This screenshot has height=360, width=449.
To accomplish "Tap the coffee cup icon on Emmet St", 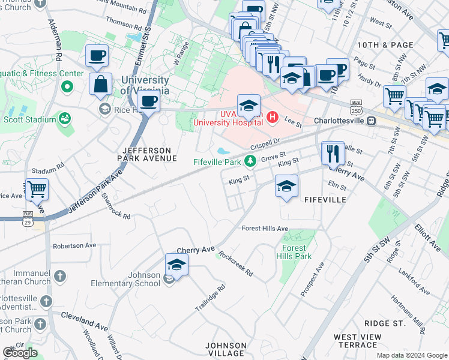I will pyautogui.click(x=148, y=102).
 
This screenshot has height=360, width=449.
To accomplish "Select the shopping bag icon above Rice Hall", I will pyautogui.click(x=100, y=83).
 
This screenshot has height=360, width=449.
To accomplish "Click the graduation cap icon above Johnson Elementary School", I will pyautogui.click(x=176, y=263).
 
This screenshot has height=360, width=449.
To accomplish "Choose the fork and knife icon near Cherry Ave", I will pyautogui.click(x=333, y=153).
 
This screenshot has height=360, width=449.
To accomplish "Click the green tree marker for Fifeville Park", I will pyautogui.click(x=250, y=161).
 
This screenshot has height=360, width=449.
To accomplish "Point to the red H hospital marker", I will pyautogui.click(x=272, y=116).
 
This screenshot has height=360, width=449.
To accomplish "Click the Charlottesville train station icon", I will pyautogui.click(x=372, y=120).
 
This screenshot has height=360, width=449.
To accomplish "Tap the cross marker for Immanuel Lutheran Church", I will pyautogui.click(x=59, y=276).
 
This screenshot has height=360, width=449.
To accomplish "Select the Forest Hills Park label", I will pyautogui.click(x=294, y=251).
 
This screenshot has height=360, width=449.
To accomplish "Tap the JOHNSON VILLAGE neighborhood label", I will pyautogui.click(x=226, y=349).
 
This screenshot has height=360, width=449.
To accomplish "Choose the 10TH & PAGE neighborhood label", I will pyautogui.click(x=385, y=45).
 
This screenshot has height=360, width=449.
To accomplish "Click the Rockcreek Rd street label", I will pyautogui.click(x=236, y=263).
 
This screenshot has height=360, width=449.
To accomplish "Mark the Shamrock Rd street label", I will pyautogui.click(x=116, y=206).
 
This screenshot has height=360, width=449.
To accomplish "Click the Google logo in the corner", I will pyautogui.click(x=20, y=353).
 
